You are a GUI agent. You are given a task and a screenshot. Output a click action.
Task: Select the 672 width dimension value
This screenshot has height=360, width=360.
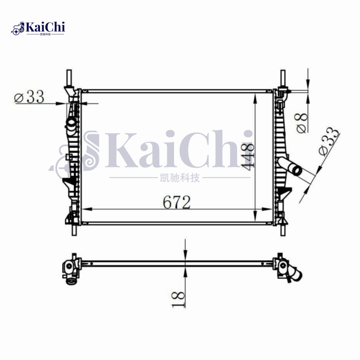(176, 202)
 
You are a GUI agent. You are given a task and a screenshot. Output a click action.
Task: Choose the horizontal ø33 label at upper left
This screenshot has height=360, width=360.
(30, 96)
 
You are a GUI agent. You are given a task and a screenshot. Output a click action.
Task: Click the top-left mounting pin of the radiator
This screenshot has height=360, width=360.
(69, 77)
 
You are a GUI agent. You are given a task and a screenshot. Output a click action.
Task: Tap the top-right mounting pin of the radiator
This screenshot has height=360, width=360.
(283, 77)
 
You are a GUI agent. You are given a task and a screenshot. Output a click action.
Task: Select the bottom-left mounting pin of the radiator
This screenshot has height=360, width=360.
(74, 229)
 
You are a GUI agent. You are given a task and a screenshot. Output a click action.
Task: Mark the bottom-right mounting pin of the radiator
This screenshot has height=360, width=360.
(282, 229)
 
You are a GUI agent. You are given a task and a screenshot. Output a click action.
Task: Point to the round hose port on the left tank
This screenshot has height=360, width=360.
(71, 123)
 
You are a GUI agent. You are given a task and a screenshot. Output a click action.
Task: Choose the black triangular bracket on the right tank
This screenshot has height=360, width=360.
(284, 192)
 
